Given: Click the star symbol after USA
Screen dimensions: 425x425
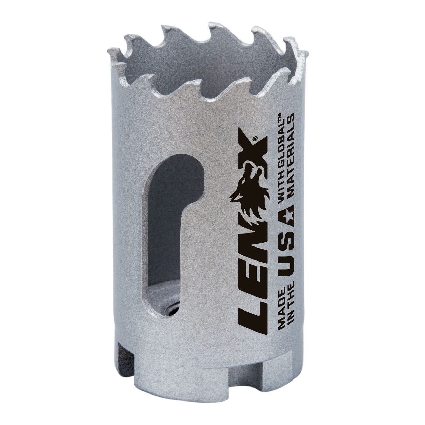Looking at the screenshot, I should (x=286, y=217).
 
